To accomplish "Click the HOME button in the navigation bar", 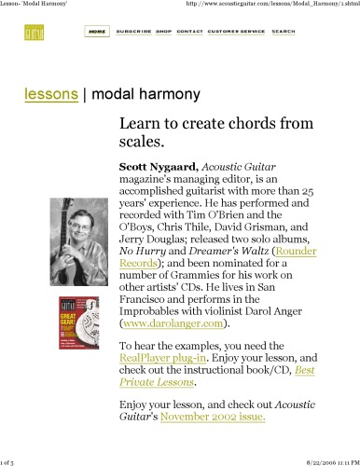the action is coord(96,31).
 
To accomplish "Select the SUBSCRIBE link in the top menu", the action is coord(133,31).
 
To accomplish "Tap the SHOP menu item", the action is coord(164,31).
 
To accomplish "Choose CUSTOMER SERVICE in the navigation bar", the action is coord(236,31).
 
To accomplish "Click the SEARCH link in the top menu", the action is coord(284,31).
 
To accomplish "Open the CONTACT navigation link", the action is coord(189,31).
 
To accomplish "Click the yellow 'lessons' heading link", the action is coord(51,94).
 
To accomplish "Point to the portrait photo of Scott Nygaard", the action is coord(74,241).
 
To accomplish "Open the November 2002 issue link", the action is coord(213,417).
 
